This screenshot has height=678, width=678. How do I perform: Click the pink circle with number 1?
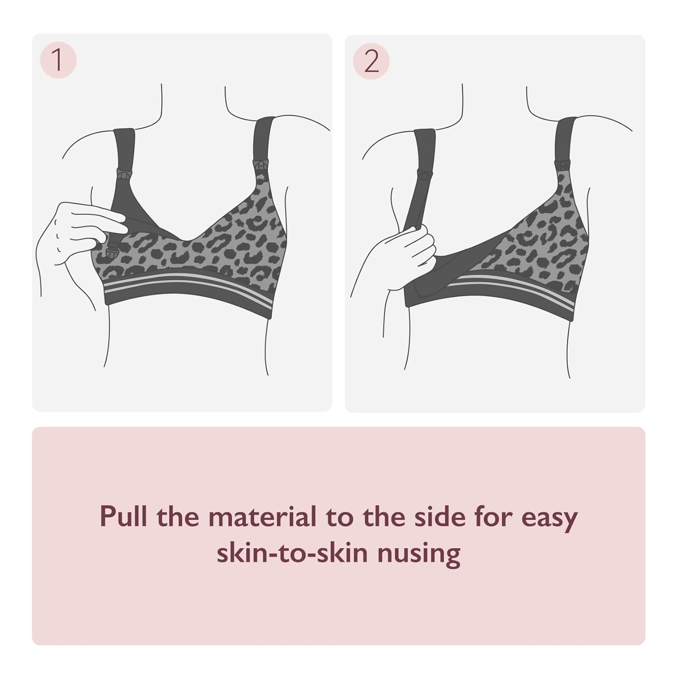(58, 60)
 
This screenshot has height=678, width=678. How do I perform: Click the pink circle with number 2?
(371, 61)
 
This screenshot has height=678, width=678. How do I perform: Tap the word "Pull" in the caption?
(123, 517)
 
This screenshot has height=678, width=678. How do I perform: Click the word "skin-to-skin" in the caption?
(292, 552)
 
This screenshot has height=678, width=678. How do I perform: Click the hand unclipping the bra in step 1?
(81, 231)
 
